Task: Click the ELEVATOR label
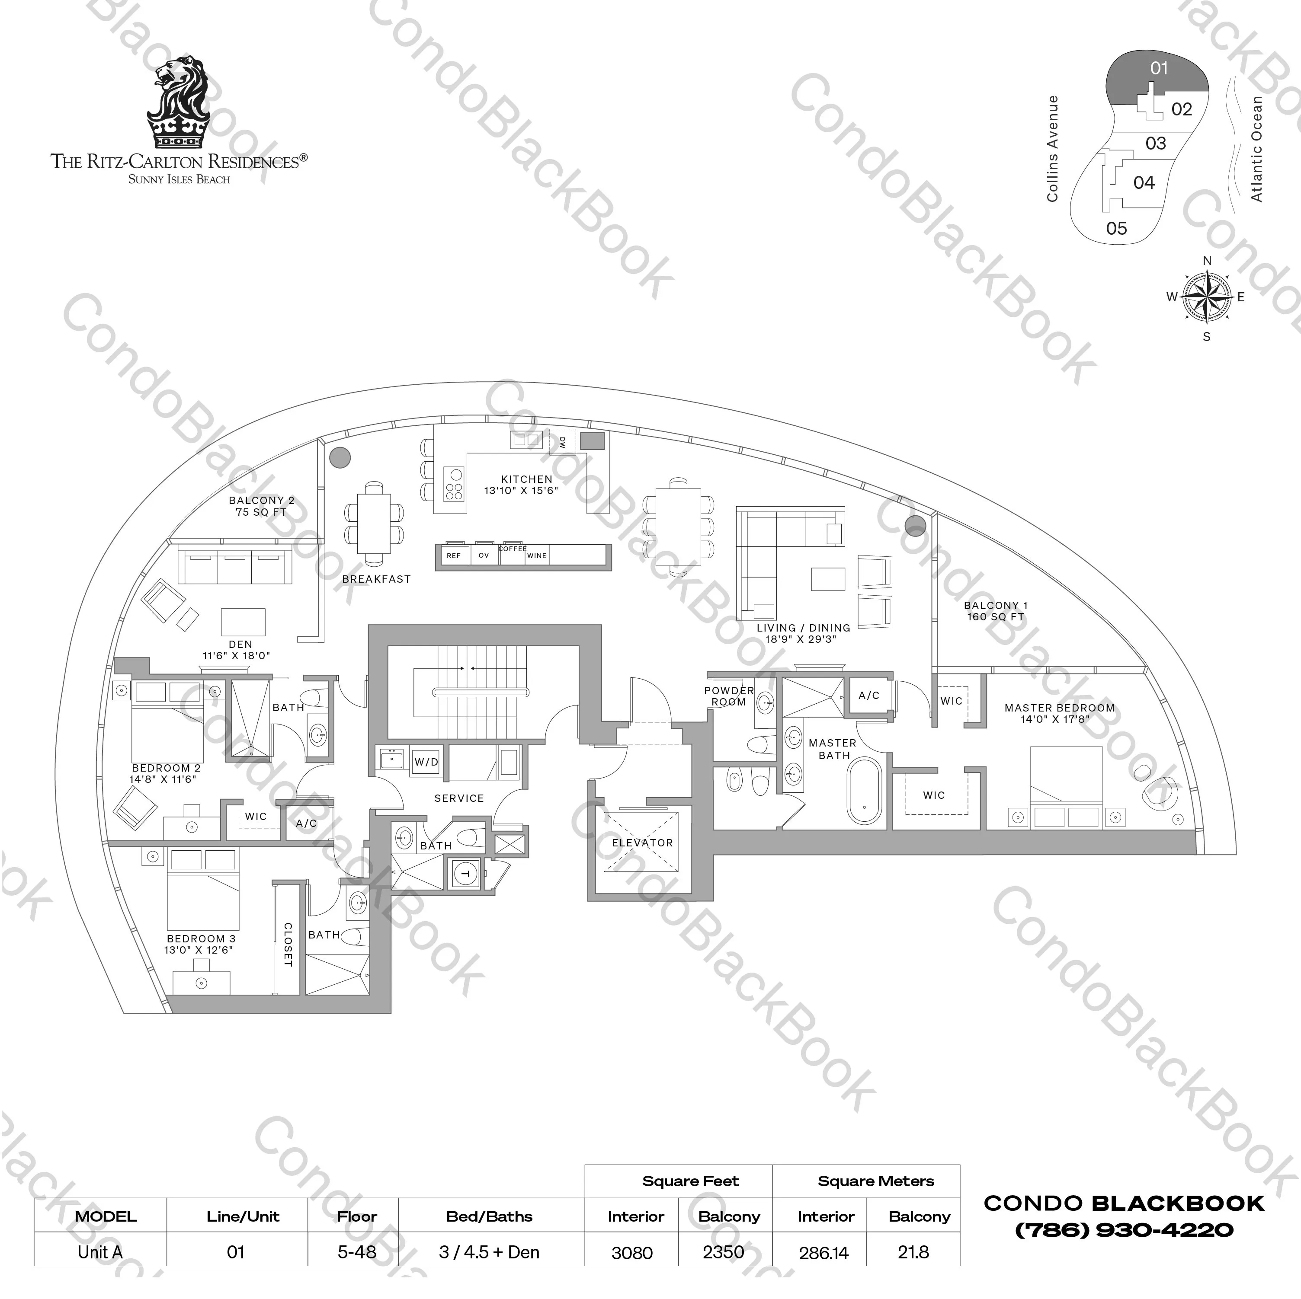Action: pos(642,843)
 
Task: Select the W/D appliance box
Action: pos(426,762)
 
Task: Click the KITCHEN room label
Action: pos(527,479)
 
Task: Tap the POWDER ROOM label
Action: pos(729,696)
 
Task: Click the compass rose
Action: pos(1206,297)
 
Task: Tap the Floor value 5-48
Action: pos(356,1252)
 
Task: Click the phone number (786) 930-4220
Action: pos(1124,1230)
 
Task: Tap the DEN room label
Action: pos(240,644)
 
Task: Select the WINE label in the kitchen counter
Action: pos(537,556)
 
